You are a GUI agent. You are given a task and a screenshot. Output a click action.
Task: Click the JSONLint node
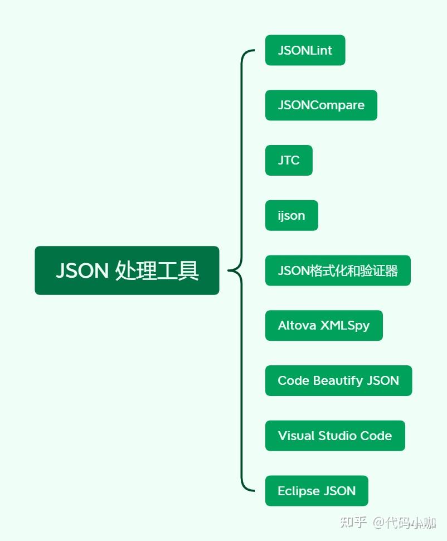(305, 50)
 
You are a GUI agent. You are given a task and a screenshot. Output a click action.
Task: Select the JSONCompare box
(321, 105)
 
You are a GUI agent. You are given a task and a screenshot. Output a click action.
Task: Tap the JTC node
(289, 160)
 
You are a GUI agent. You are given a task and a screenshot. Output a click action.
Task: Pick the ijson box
(291, 215)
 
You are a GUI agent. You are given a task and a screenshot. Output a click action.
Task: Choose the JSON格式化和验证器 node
(338, 270)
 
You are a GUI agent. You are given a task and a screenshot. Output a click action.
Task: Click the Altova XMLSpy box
(324, 325)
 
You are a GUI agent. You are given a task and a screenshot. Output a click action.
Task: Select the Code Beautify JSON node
(338, 380)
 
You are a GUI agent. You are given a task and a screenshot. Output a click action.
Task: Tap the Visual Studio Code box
(335, 436)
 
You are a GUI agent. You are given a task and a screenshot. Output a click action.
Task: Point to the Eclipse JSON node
(317, 491)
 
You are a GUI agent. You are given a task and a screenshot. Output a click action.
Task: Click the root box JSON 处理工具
(127, 270)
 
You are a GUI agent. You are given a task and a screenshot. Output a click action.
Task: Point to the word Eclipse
(298, 491)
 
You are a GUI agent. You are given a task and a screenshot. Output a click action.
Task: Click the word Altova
(297, 325)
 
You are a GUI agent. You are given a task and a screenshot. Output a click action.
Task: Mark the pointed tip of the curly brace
(229, 271)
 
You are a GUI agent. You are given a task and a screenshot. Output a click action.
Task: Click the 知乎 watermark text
(353, 523)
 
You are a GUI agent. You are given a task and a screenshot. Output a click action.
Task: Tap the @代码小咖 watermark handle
(405, 523)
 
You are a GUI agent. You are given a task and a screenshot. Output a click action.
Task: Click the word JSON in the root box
(82, 271)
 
